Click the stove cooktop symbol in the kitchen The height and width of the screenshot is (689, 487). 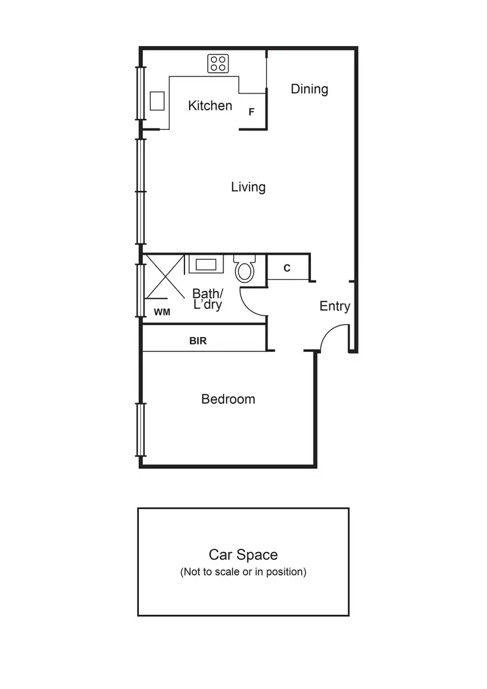coord(218,63)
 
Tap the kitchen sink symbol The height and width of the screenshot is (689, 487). coord(157,101)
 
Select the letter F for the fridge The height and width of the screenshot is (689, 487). coord(251,112)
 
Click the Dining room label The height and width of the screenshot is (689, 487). coord(309,89)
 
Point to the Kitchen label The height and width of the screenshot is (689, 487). coord(210,105)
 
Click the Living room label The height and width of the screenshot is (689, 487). coord(248,187)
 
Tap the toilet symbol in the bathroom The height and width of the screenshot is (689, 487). coord(245,269)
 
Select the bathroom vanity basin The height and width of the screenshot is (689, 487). coord(206,264)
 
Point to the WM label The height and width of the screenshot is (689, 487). coord(162,312)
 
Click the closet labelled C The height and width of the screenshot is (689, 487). coord(287,268)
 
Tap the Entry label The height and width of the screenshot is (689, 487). coord(334,307)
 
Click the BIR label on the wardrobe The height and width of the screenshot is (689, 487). coord(198,340)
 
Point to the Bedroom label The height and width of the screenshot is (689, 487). coord(228,399)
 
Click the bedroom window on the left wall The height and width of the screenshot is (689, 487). coord(140,429)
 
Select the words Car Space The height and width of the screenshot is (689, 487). coord(243,555)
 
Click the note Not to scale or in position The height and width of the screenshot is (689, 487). coord(243,572)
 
